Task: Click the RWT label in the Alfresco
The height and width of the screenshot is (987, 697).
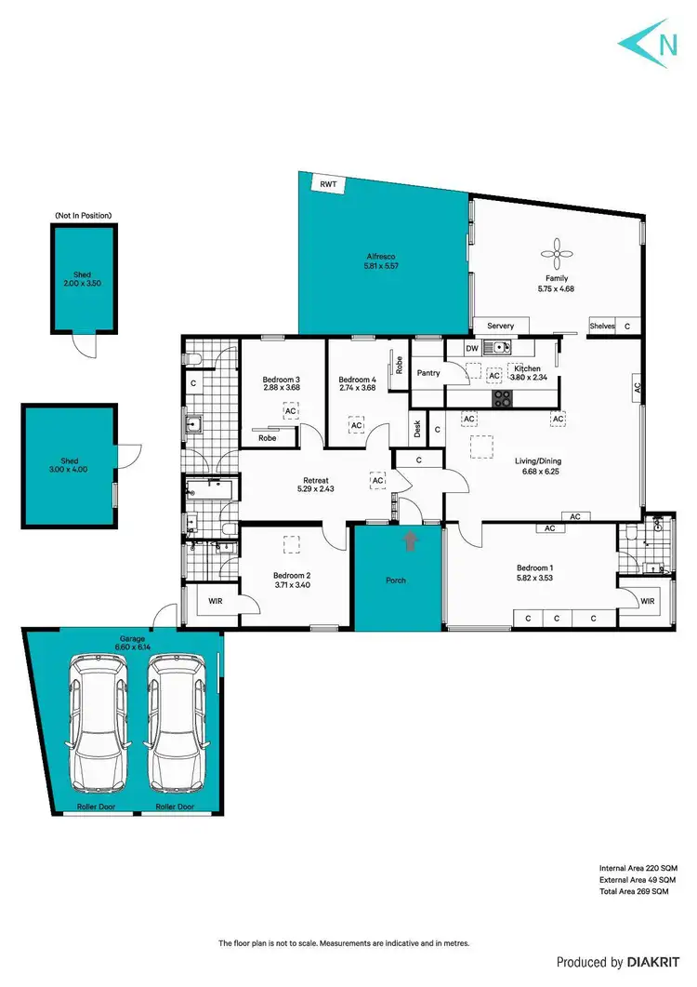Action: click(x=327, y=185)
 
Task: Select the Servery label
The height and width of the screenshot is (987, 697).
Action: click(x=500, y=326)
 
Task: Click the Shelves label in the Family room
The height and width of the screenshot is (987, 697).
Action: click(x=603, y=326)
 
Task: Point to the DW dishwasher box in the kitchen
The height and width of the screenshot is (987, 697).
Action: click(x=471, y=348)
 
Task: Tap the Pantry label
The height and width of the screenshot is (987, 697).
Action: click(x=428, y=373)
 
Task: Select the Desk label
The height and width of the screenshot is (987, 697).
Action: click(x=417, y=429)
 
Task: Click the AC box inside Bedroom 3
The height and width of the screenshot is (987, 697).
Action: click(x=290, y=410)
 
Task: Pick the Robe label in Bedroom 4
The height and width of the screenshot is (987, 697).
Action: click(x=398, y=366)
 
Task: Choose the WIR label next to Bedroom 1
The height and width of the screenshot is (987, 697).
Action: click(x=648, y=602)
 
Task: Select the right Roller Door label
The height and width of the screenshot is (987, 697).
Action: click(x=174, y=807)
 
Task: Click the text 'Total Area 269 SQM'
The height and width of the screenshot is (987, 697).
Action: click(x=634, y=892)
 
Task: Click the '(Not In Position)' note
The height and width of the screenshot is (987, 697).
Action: click(x=84, y=215)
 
